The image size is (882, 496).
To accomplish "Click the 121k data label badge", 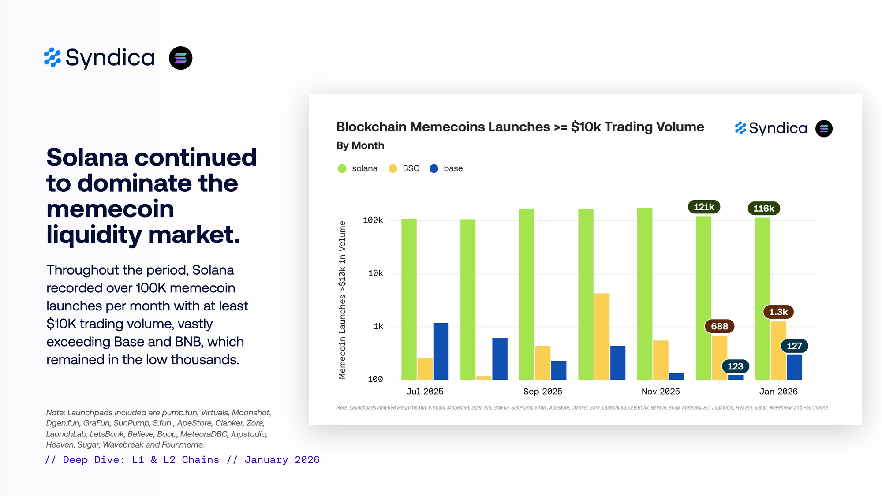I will point(704,207).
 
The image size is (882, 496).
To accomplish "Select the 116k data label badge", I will point(763,209).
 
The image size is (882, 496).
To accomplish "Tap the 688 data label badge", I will point(719,326).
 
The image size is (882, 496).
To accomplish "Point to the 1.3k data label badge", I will point(778,312).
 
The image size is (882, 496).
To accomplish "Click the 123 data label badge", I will point(735,366).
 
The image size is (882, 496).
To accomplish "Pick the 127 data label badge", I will point(794,346).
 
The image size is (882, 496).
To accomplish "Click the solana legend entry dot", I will point(342,168).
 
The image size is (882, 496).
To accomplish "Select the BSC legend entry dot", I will point(392,168).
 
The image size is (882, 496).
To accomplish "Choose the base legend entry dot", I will point(434,168).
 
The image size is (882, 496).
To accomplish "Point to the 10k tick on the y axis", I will point(375,273).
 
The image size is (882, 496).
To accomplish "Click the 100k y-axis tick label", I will point(373,220).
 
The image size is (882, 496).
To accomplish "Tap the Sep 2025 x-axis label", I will point(542,392).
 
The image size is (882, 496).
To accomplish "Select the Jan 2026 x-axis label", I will point(778,392).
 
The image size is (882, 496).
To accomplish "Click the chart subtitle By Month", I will point(360,145).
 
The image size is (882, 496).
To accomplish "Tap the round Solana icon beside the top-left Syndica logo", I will point(180,58).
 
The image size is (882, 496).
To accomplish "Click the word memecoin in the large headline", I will point(110,209).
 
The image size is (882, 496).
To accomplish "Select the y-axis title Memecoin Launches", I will point(342,300).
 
